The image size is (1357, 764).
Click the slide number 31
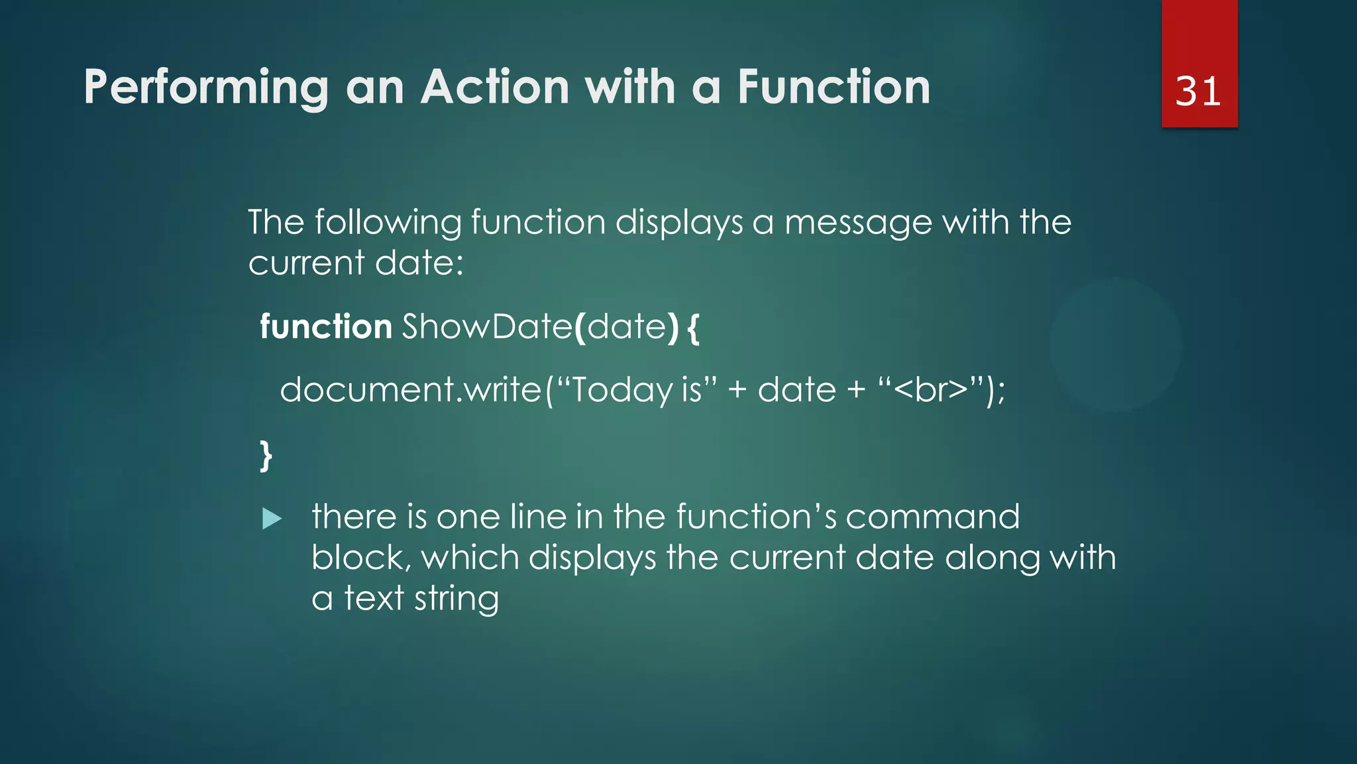click(1198, 92)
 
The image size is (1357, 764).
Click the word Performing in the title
click(206, 88)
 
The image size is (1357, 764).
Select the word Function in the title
click(834, 88)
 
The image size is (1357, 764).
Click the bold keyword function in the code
click(325, 327)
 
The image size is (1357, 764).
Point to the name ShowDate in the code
click(487, 327)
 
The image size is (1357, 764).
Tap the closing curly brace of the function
click(266, 456)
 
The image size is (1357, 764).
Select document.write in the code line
click(411, 390)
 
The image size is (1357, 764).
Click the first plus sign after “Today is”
click(737, 390)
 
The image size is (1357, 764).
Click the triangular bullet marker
click(272, 519)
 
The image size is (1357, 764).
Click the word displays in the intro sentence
click(679, 223)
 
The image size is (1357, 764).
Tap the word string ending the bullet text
click(457, 599)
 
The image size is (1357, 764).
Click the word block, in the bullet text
click(360, 558)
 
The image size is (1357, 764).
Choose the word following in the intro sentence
click(388, 223)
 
